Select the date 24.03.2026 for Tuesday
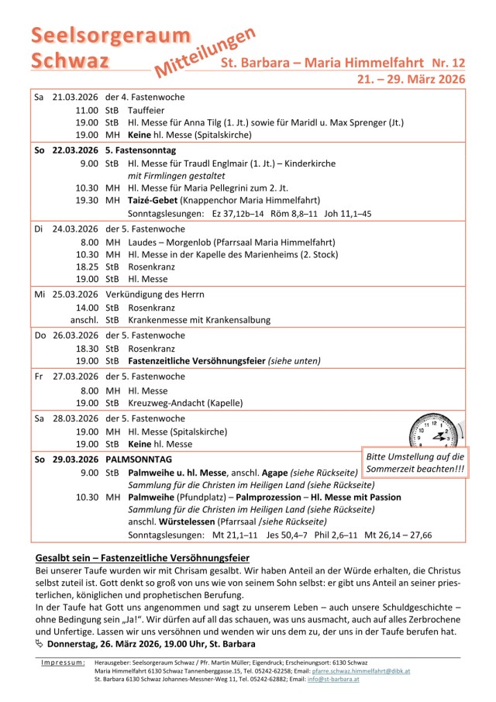click(x=75, y=229)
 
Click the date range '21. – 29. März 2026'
click(x=410, y=79)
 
